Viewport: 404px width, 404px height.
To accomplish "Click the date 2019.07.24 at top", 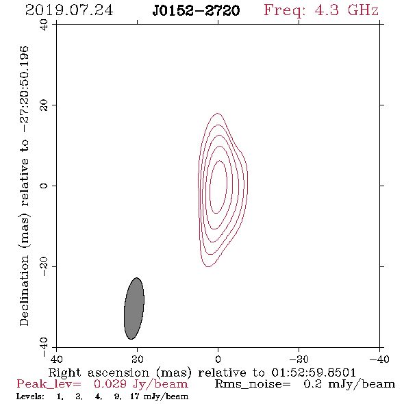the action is tap(69, 10).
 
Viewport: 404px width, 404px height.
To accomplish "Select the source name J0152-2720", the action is tap(196, 10).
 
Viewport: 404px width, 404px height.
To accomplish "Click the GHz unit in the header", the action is tap(363, 10).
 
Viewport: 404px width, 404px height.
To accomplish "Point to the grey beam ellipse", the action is tap(134, 308).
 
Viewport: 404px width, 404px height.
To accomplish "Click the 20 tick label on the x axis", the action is tap(138, 359).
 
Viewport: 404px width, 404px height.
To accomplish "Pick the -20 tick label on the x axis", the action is tap(299, 359).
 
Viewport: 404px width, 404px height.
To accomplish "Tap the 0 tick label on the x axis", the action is tap(218, 359).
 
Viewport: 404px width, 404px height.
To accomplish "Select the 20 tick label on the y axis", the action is tap(44, 105).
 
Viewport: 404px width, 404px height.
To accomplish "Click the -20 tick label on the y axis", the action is tap(44, 266).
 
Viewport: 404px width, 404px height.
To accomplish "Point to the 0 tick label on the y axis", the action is tap(44, 186).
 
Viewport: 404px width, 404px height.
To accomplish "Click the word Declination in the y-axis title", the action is tap(24, 291).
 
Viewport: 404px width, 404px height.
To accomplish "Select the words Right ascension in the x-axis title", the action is tap(99, 373).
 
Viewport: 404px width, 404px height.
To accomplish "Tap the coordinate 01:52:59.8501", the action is tap(314, 373).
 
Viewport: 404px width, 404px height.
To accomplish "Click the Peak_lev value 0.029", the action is tap(110, 384).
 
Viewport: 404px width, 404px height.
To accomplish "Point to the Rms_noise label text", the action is tap(253, 384).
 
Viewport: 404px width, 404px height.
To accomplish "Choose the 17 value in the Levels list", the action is tap(135, 396).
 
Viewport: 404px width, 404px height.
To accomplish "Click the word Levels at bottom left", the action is tap(30, 396).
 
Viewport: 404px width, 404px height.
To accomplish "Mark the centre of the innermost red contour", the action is tap(218, 187).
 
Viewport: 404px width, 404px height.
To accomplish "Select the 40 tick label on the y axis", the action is tap(44, 25).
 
